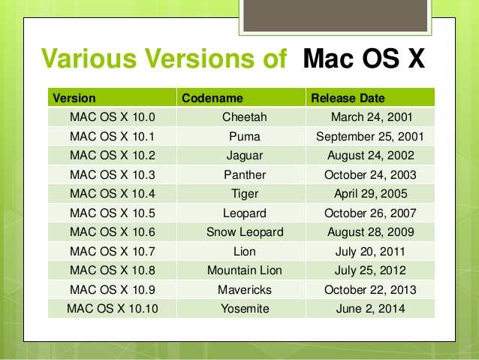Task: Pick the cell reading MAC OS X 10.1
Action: coord(112,137)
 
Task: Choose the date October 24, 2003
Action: coord(371,175)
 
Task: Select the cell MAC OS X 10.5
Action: coord(112,213)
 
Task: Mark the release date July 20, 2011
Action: coord(371,252)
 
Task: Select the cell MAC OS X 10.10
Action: coord(112,309)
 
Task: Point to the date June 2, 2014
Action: coord(371,309)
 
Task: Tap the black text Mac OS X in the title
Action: coord(363,58)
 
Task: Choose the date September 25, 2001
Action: coord(370,137)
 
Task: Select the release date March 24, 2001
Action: coord(371,117)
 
